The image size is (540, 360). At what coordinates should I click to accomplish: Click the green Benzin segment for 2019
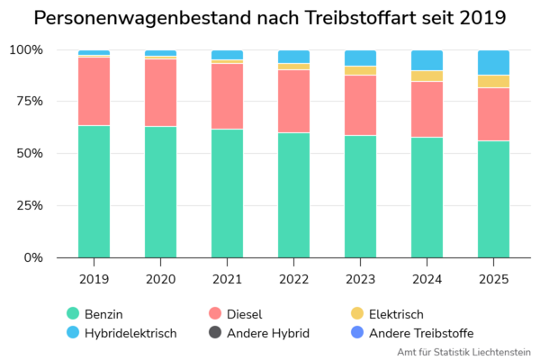(x=94, y=191)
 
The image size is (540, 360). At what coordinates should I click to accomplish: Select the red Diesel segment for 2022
(x=293, y=101)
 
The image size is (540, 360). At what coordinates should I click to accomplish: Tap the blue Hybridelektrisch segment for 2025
(x=493, y=63)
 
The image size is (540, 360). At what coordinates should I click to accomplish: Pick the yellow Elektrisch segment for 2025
(x=493, y=81)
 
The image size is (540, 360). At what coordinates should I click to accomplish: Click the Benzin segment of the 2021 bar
(x=227, y=193)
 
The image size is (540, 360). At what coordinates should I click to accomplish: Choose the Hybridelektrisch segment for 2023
(x=360, y=58)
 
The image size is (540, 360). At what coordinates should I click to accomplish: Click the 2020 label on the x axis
(x=160, y=280)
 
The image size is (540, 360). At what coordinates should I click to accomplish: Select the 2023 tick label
(x=360, y=280)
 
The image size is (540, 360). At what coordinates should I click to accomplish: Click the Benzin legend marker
(x=73, y=313)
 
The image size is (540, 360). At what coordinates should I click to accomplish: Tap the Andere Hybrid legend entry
(x=261, y=333)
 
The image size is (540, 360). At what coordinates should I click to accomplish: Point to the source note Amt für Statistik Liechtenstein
(x=463, y=352)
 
